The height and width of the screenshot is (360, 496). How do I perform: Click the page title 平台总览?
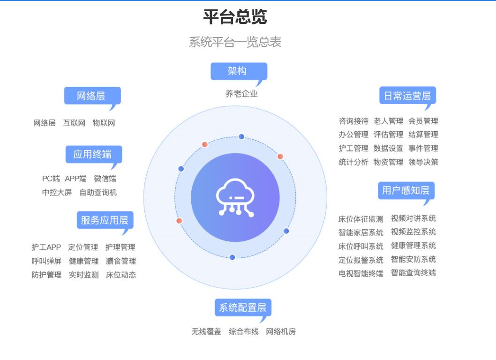tap(235, 17)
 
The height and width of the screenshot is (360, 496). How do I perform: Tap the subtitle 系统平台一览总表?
tap(235, 42)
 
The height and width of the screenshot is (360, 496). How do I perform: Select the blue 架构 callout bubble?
tap(239, 72)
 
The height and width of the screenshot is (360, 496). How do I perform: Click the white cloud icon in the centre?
tap(235, 197)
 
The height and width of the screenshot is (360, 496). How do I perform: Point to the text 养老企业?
tap(241, 94)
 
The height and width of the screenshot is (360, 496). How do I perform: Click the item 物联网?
tap(104, 123)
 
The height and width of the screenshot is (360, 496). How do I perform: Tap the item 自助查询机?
tap(98, 192)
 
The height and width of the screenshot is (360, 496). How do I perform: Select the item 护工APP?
tap(46, 247)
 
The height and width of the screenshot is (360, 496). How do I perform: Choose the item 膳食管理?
tap(121, 261)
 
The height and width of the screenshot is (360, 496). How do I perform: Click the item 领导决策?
tap(423, 162)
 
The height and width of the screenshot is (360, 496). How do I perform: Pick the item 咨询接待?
tap(353, 121)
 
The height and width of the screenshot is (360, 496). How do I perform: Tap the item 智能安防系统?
tap(413, 259)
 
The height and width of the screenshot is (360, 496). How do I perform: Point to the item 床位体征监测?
tap(361, 219)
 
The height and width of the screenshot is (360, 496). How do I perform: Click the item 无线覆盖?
tap(206, 331)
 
